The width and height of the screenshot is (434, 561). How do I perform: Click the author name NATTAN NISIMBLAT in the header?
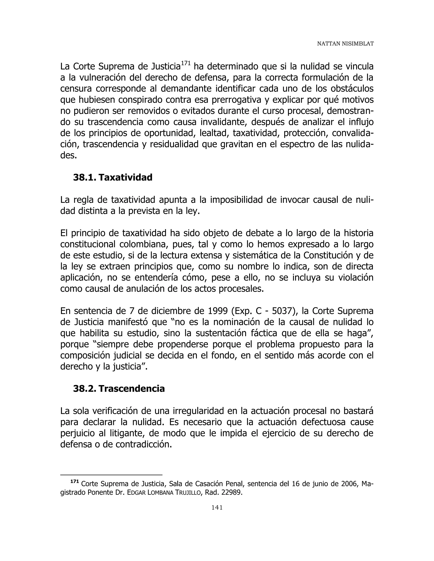point(345,44)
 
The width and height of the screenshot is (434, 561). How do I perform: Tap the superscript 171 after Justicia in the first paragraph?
point(185,63)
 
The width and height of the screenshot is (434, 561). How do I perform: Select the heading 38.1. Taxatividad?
point(113,177)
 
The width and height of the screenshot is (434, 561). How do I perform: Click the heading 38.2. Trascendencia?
point(119,389)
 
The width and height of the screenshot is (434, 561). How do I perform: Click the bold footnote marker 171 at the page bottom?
point(74,481)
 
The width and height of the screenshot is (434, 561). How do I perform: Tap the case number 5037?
point(282,311)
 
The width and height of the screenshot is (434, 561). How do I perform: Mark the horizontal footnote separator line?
point(111,475)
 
